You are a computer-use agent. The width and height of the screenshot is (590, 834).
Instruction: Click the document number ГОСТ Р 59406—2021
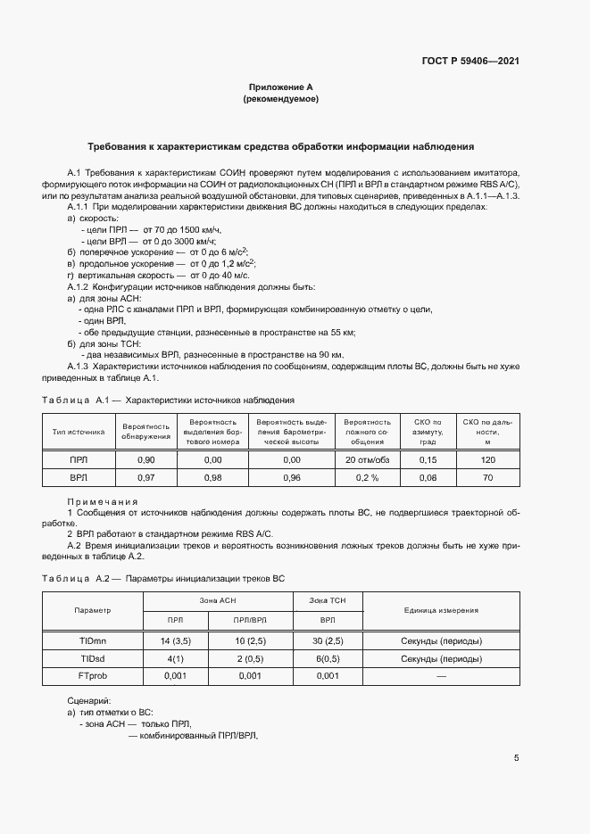pos(470,62)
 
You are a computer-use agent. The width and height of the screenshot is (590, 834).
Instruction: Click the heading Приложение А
pos(280,87)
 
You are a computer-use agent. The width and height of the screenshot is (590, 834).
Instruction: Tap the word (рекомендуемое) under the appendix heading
pos(280,99)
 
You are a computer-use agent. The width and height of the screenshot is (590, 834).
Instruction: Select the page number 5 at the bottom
pos(517,758)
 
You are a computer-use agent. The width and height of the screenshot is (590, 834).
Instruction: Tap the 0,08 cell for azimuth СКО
pos(428,478)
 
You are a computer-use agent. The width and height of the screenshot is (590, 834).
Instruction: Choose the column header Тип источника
pos(79,431)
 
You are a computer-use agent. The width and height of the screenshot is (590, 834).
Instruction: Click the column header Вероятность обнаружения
pos(146,431)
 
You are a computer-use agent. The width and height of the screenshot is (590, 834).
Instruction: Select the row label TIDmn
pos(94,640)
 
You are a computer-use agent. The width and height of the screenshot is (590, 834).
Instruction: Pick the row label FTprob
pos(94,676)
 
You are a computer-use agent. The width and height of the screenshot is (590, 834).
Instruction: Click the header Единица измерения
pos(441,610)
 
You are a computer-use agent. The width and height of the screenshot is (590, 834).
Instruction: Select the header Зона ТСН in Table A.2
pos(328,600)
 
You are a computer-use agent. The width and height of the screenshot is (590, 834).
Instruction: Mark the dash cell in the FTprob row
pos(441,676)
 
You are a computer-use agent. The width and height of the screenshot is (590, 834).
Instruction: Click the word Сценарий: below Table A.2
pos(89,701)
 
